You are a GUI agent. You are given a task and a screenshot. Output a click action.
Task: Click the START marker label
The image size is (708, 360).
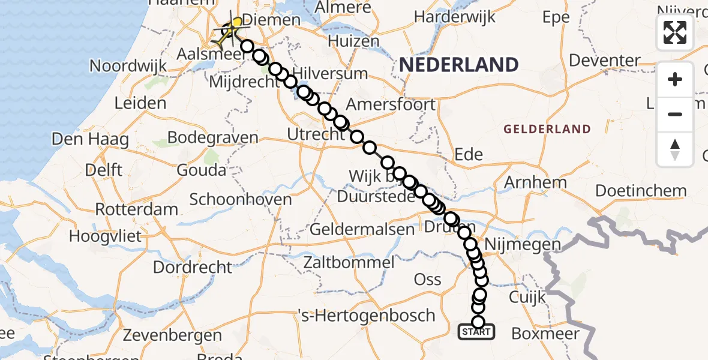coord(477,331)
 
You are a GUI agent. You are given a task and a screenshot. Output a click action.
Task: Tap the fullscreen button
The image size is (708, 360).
coord(675,32)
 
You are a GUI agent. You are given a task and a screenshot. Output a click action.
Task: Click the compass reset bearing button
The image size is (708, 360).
coord(675,150)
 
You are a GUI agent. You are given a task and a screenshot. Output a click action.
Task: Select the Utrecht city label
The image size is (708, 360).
coord(316,134)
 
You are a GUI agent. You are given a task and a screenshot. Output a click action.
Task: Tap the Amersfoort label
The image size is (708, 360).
coord(391,104)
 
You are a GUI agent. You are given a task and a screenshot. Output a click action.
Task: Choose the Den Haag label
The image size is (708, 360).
coord(90,140)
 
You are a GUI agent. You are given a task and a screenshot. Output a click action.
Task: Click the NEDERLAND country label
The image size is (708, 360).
coord(459,64)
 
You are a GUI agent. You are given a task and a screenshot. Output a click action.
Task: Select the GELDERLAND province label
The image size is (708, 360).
coord(547,129)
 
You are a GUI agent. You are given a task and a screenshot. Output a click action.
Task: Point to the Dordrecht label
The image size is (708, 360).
coord(192,266)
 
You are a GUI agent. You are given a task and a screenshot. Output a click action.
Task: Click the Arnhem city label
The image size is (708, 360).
coord(536,182)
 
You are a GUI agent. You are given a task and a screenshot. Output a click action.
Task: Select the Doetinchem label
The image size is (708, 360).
coord(641,191)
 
